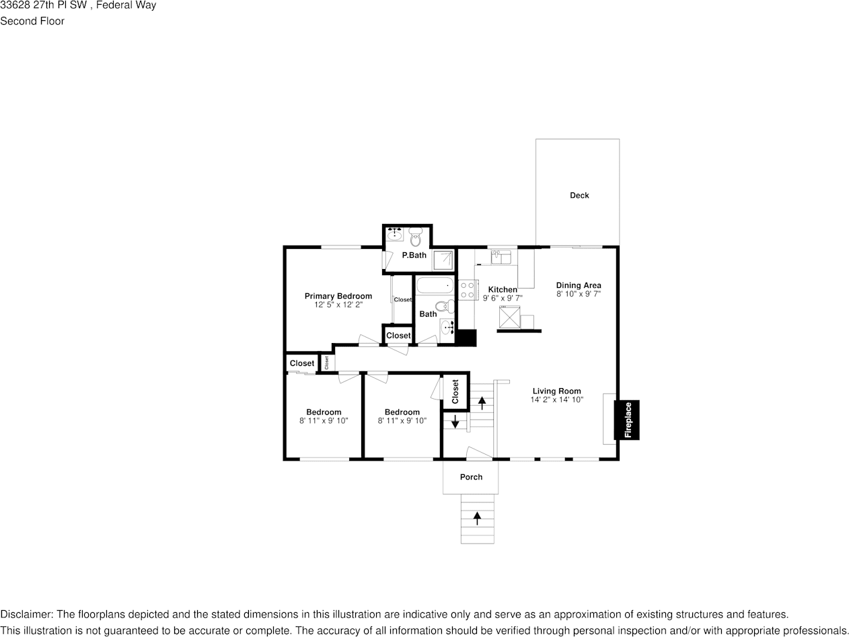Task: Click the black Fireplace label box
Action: (626, 420)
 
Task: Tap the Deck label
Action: (579, 196)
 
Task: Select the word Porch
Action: (471, 478)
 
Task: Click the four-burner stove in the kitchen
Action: (467, 291)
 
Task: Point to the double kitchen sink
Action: (501, 257)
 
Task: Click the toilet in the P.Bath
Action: (415, 237)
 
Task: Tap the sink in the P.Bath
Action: (395, 235)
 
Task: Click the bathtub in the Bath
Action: (435, 285)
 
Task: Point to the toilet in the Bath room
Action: (445, 309)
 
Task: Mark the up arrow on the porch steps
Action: (478, 518)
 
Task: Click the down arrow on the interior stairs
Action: (455, 422)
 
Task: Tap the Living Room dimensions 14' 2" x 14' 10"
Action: (556, 400)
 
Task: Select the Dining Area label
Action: (579, 285)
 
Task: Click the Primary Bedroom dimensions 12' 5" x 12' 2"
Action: (338, 305)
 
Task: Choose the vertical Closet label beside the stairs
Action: (455, 391)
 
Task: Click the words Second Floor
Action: (32, 21)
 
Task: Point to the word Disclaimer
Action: (26, 614)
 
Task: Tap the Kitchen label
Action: (503, 289)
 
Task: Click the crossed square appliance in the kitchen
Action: (509, 317)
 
